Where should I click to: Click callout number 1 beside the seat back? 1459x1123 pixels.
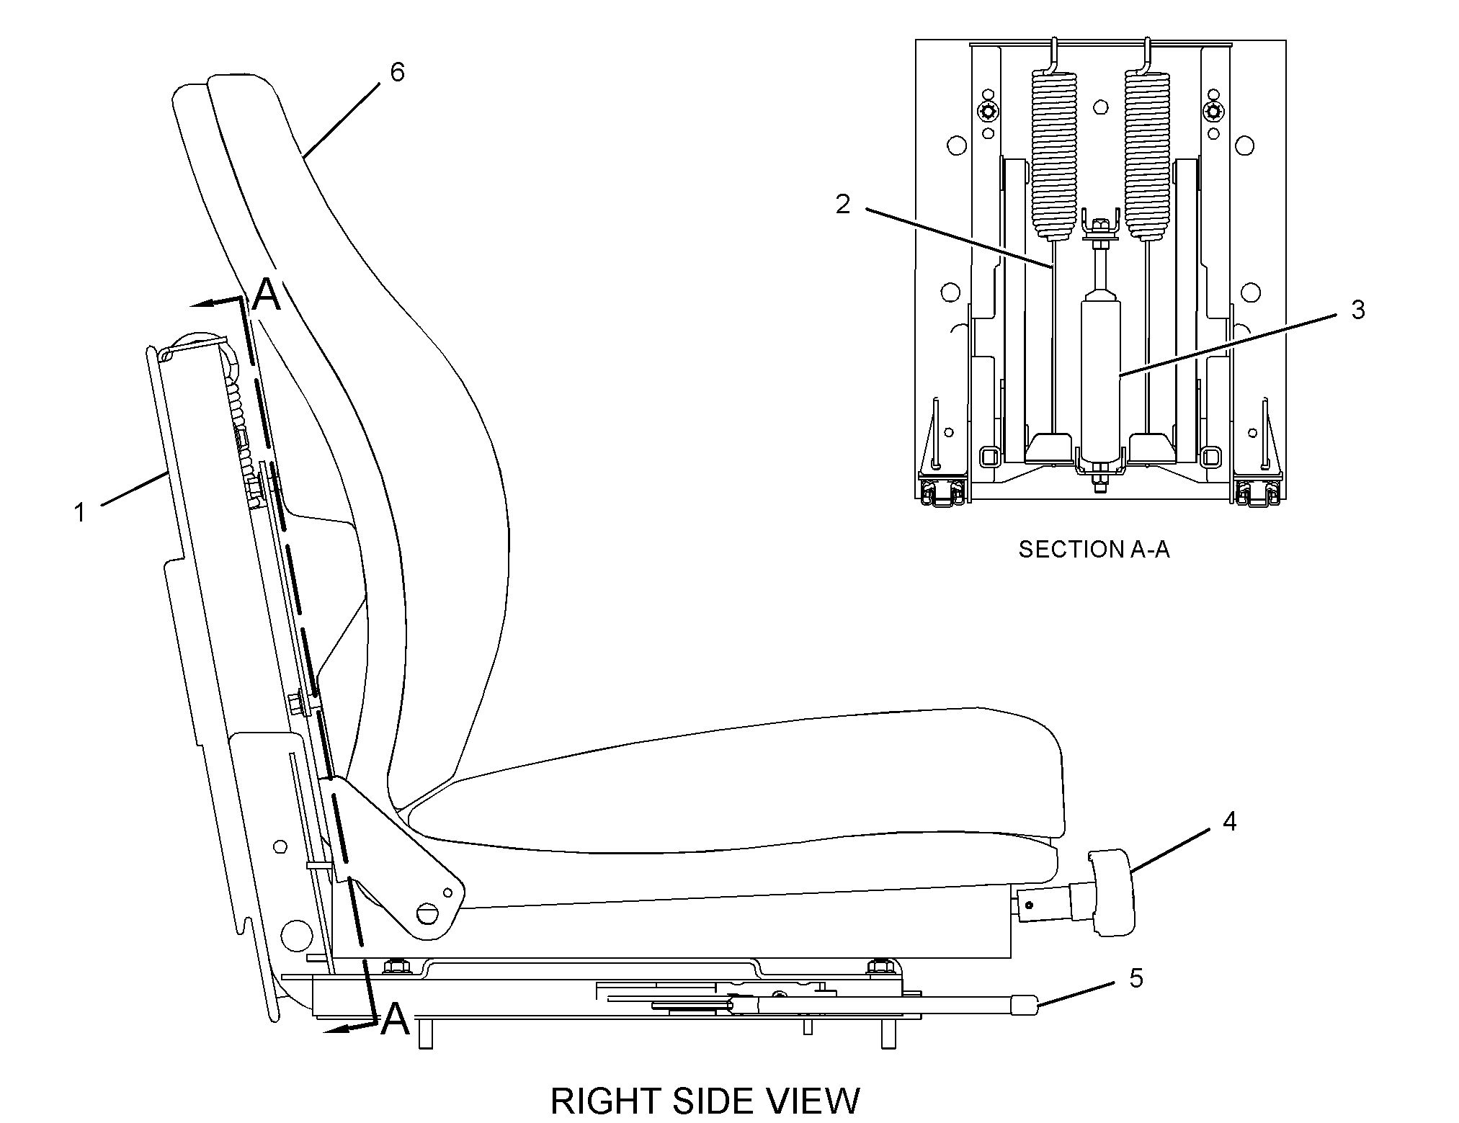click(80, 513)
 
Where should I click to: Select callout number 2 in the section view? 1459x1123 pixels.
click(842, 205)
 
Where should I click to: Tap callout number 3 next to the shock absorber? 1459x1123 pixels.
click(1357, 310)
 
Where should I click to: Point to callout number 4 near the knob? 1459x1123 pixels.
click(1229, 821)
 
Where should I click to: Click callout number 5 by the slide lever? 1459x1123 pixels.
click(1136, 978)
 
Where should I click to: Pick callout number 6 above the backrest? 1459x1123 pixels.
click(397, 72)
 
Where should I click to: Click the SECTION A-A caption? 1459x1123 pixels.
click(1094, 550)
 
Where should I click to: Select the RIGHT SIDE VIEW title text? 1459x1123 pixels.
click(705, 1101)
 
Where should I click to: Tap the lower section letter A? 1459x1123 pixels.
click(395, 1019)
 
